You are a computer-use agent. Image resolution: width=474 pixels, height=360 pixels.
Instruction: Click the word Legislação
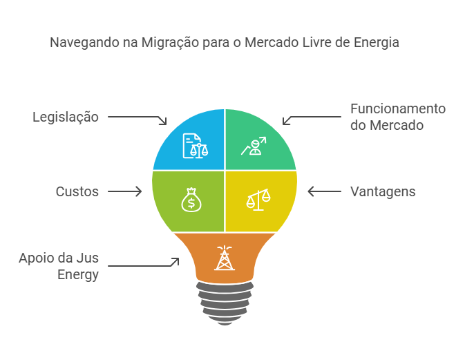[66, 117]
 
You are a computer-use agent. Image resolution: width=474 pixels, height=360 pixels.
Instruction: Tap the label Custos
[77, 191]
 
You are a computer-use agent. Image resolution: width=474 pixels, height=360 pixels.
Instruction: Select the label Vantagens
[383, 191]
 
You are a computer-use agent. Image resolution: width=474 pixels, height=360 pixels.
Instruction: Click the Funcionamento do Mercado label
[397, 117]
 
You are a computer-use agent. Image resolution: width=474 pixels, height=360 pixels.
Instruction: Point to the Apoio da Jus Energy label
[59, 266]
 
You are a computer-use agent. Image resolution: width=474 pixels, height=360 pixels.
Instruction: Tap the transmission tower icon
[224, 258]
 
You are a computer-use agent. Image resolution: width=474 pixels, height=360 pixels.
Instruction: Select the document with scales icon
[195, 145]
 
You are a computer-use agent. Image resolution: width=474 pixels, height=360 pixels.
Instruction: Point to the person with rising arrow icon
[253, 146]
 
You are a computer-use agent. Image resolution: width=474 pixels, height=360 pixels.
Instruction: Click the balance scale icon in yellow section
[258, 199]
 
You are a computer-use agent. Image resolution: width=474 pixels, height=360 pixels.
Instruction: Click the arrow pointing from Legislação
[138, 119]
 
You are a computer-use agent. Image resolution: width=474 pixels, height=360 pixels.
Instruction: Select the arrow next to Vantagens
[321, 191]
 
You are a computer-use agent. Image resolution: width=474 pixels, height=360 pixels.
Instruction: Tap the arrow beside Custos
[126, 191]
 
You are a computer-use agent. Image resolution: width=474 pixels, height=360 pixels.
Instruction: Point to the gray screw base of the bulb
[225, 303]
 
